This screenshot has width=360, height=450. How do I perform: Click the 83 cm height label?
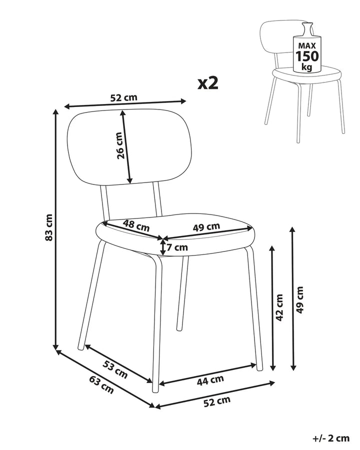[49, 227]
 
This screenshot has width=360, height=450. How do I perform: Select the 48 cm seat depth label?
[136, 225]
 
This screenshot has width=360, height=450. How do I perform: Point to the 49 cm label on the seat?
[206, 227]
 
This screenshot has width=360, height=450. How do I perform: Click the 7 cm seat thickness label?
[177, 247]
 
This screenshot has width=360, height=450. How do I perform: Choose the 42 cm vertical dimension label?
[279, 307]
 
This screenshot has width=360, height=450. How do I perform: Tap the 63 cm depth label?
[101, 384]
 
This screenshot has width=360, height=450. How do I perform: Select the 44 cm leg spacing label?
[210, 380]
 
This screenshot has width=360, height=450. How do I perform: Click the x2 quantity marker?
[208, 83]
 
